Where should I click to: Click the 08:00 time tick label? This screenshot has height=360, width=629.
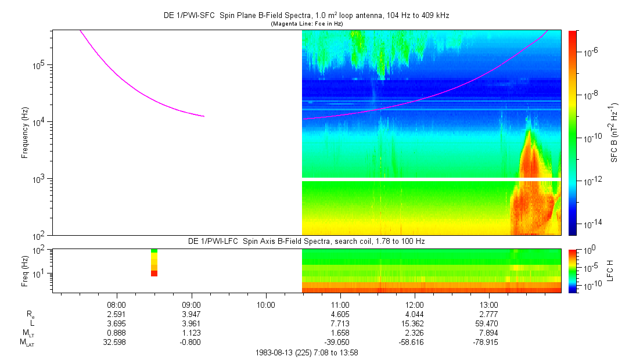click(117, 304)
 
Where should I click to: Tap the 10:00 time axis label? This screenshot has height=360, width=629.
click(265, 304)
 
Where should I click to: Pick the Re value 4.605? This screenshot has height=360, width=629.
click(340, 314)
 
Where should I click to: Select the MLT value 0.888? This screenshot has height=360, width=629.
click(117, 333)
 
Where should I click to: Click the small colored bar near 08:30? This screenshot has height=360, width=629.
click(154, 262)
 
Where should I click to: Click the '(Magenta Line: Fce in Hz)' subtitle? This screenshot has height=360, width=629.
click(306, 24)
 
